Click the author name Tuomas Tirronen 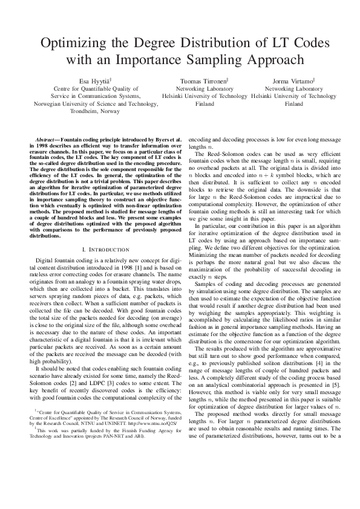[205, 80]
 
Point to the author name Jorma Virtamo [294, 80]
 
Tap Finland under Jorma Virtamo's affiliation [294, 103]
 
